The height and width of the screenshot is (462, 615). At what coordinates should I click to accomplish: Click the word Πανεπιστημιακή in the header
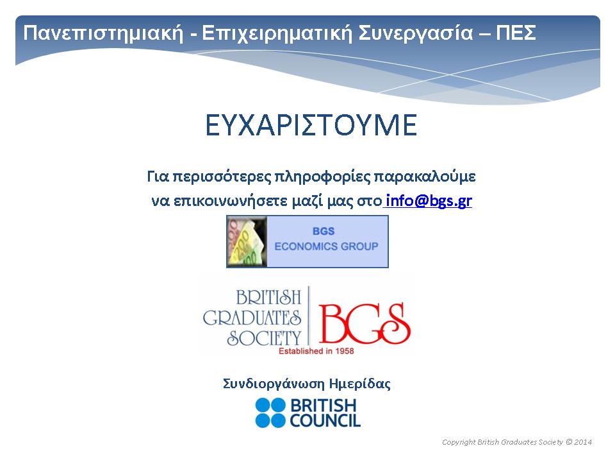[x=103, y=33]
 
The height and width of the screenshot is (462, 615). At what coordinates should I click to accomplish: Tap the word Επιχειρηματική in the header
[x=277, y=33]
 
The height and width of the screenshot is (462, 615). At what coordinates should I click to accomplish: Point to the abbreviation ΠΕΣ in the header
[x=516, y=33]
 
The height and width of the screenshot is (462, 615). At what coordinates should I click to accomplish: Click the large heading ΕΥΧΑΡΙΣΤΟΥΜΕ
[x=311, y=125]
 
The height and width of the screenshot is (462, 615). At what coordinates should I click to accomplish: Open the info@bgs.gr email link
[x=429, y=201]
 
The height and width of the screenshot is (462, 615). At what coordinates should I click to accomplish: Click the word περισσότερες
[x=222, y=177]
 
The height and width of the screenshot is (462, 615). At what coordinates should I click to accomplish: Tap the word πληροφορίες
[x=322, y=177]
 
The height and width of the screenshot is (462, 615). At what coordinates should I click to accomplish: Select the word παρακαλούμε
[x=425, y=177]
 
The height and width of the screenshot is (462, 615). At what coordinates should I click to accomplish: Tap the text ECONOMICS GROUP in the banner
[x=326, y=246]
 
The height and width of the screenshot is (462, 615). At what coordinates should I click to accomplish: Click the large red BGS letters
[x=365, y=323]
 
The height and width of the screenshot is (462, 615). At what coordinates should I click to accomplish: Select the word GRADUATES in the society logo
[x=252, y=318]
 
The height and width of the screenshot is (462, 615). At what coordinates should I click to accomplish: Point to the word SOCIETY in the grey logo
[x=264, y=338]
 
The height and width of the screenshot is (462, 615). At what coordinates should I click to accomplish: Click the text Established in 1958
[x=316, y=351]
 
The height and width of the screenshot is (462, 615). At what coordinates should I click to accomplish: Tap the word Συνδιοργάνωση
[x=274, y=384]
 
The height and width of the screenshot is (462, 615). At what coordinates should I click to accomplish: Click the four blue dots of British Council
[x=270, y=413]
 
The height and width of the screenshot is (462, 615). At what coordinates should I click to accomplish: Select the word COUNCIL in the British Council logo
[x=325, y=420]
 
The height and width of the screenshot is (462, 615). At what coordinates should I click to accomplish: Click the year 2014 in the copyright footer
[x=583, y=442]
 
